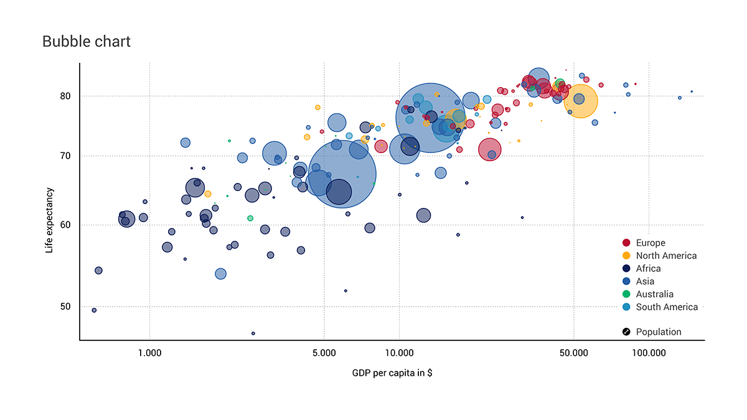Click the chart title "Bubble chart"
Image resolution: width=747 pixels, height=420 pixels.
coord(87,42)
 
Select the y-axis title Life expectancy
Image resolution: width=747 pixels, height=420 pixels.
coord(49,221)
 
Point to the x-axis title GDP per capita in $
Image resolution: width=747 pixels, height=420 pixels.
coord(392,373)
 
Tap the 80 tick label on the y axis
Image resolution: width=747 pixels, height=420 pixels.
coord(66,96)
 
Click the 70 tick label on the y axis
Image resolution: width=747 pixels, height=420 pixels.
coord(66,156)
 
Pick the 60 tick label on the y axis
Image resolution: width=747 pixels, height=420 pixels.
coord(66,225)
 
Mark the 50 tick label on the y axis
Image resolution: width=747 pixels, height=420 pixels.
coord(66,307)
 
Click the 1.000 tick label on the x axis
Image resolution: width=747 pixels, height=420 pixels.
coord(149,353)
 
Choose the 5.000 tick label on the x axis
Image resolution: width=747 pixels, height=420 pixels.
coord(324,353)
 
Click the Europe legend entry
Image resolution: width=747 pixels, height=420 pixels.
coord(651,243)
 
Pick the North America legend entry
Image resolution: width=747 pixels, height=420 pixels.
coord(666,256)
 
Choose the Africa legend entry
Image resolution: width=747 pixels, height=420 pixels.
coord(648,269)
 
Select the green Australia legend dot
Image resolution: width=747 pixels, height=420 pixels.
coord(627,294)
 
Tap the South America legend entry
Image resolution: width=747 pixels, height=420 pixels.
coord(667,307)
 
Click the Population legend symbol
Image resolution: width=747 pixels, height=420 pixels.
coord(627,332)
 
